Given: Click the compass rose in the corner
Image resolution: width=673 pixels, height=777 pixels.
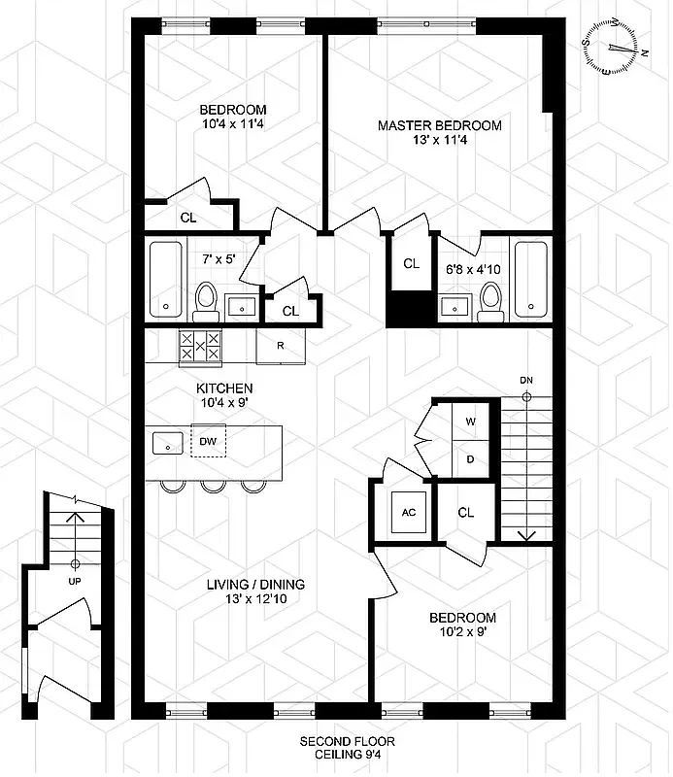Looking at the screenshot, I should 614,47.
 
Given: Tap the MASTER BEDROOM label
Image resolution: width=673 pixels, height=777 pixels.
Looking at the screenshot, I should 439,125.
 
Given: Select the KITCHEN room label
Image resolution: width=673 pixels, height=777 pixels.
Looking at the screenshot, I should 224,388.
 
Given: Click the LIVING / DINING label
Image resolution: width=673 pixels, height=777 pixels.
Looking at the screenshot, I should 255,585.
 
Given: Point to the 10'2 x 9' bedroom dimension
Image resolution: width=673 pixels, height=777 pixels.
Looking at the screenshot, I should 462,632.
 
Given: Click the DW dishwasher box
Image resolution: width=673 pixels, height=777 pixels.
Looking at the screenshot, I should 208,441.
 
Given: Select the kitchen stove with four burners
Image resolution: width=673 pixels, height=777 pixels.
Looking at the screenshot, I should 200,346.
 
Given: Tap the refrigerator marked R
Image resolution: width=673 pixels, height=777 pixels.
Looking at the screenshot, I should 280,346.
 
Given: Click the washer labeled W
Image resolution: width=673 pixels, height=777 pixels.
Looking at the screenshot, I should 471,422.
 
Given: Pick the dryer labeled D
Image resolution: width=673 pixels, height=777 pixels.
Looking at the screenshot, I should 471,458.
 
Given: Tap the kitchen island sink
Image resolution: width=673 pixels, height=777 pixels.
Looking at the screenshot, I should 169,442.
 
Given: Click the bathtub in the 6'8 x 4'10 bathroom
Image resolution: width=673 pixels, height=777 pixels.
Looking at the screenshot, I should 530,279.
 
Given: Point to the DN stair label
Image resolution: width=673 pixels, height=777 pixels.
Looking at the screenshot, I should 526,380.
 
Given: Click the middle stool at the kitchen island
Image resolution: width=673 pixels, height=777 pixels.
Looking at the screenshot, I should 214,485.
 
